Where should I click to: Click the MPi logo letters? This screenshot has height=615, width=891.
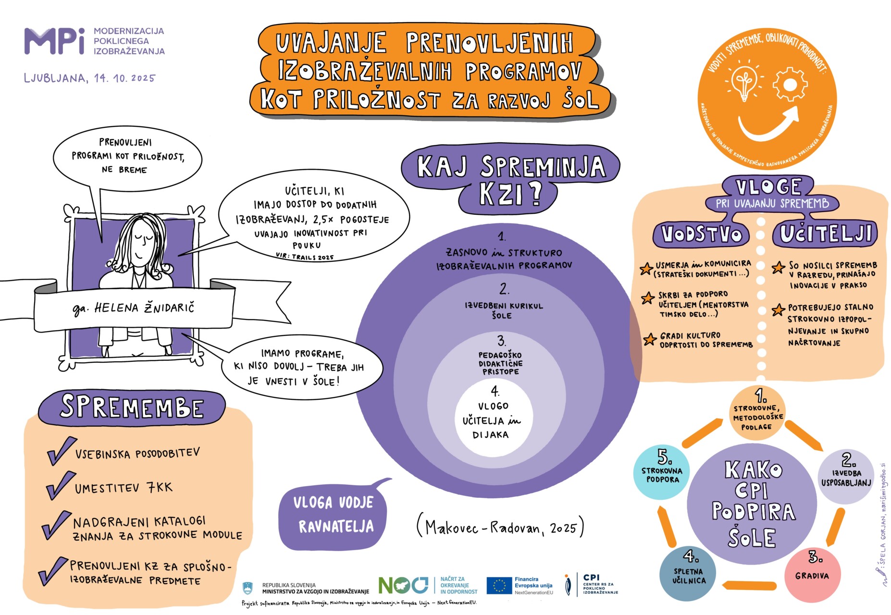click(54, 41)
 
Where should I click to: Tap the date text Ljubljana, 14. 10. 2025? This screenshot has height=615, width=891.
click(90, 78)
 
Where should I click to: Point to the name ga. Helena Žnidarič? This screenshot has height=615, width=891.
click(134, 308)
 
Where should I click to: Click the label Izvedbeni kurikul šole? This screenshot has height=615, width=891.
click(503, 310)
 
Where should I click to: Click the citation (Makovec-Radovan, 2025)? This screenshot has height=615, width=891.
click(500, 527)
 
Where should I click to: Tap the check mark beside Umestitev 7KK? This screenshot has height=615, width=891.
click(60, 486)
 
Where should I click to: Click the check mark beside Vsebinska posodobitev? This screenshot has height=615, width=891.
click(61, 451)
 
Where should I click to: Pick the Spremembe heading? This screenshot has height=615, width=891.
click(132, 407)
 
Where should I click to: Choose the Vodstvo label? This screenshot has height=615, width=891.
click(702, 234)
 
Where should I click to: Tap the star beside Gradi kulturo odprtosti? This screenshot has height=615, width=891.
click(650, 339)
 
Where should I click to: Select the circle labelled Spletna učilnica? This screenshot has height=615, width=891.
click(688, 575)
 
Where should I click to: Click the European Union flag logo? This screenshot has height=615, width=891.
click(499, 586)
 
